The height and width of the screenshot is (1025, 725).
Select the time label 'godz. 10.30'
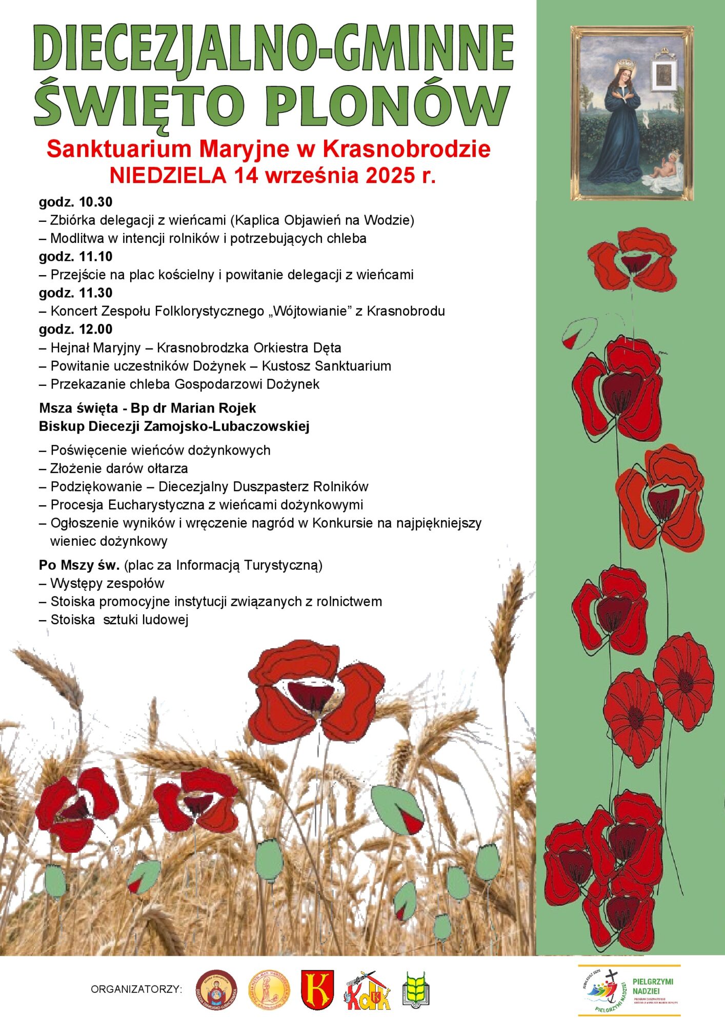click(x=75, y=202)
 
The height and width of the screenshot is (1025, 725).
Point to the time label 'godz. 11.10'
click(x=75, y=256)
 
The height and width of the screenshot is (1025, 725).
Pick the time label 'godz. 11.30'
click(x=75, y=293)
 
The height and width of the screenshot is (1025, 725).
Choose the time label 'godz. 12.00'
click(x=75, y=329)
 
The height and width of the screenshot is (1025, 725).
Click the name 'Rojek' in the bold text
click(x=236, y=408)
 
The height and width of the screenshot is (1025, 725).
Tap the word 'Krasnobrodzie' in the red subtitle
click(x=407, y=149)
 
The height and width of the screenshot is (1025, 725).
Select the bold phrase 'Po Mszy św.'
click(x=79, y=565)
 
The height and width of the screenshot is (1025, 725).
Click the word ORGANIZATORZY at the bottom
click(x=136, y=989)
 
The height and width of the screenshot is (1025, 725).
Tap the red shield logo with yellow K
click(x=317, y=989)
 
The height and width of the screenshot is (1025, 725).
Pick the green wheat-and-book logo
click(x=415, y=989)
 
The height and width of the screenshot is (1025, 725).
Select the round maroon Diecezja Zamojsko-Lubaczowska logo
click(x=216, y=989)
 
